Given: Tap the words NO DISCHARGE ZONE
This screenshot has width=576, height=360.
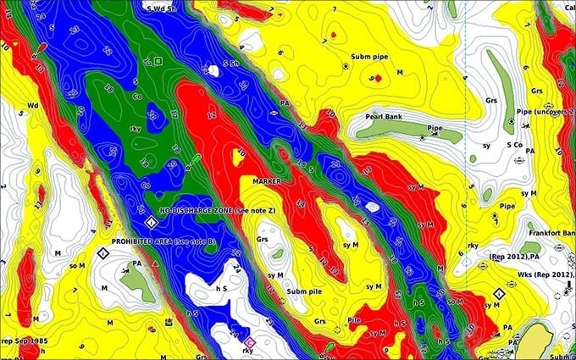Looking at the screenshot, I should (x=200, y=208).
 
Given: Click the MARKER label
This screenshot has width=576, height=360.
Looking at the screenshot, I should (x=267, y=180).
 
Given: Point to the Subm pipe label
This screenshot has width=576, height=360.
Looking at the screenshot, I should (x=370, y=65).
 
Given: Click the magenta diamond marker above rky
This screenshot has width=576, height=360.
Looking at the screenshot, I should (x=248, y=340).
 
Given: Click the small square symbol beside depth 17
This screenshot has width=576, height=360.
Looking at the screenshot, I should (x=158, y=59).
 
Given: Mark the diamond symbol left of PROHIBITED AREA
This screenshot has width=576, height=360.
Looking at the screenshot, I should (x=102, y=254).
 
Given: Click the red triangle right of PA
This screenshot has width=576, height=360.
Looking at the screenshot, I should (x=156, y=265).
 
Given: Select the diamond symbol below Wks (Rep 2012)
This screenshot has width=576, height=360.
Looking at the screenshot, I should (x=498, y=294).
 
